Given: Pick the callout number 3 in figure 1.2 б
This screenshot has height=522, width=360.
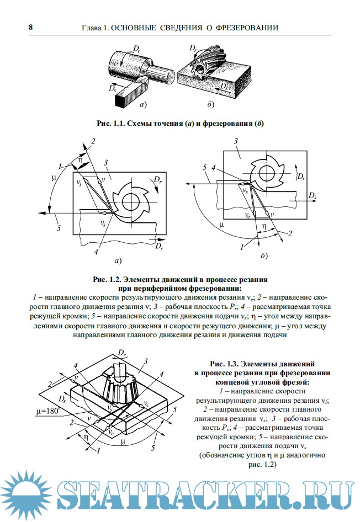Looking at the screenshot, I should coord(236,142).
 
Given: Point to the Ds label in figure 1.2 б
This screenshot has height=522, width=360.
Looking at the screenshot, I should coord(313,196).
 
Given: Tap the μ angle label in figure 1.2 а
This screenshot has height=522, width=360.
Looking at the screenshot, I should coord(54,178).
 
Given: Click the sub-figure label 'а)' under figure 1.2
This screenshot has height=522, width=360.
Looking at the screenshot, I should coord(118,259).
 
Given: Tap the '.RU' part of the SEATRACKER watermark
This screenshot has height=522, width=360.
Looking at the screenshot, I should coord(323,495).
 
